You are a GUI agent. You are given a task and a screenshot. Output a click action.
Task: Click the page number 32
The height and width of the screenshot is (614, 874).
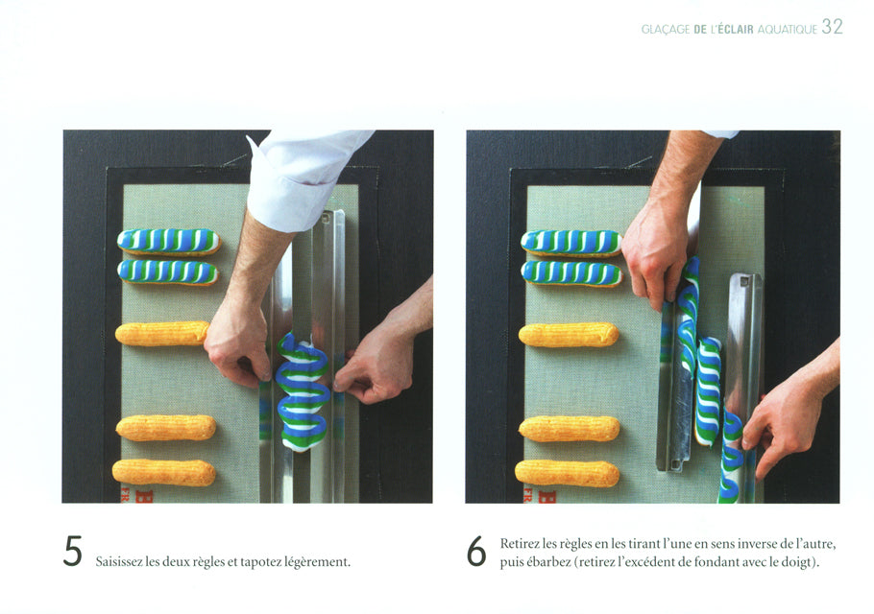[x=832, y=27]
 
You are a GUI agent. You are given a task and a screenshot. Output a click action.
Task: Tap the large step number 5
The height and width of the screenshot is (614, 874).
[x=73, y=551]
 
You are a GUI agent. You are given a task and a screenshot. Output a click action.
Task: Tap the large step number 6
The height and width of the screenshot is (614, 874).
[x=476, y=551]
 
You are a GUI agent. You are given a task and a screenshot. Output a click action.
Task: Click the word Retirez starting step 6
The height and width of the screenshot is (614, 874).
[x=520, y=543]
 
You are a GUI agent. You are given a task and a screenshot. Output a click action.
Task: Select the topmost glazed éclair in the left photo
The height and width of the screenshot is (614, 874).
[x=168, y=241]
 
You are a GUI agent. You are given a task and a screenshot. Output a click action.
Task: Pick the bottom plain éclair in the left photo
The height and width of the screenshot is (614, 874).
[x=164, y=472]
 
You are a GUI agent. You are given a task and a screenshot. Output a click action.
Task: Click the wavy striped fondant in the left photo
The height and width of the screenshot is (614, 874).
[x=303, y=390]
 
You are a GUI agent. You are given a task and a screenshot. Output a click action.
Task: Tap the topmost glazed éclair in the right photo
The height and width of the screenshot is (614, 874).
[x=571, y=243]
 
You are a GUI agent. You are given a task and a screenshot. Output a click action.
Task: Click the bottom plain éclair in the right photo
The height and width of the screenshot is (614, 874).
[x=567, y=473]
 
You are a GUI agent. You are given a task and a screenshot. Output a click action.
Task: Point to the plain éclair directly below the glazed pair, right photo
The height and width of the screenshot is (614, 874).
[x=569, y=335]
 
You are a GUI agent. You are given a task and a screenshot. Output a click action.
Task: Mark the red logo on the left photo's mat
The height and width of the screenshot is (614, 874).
[x=136, y=495]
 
